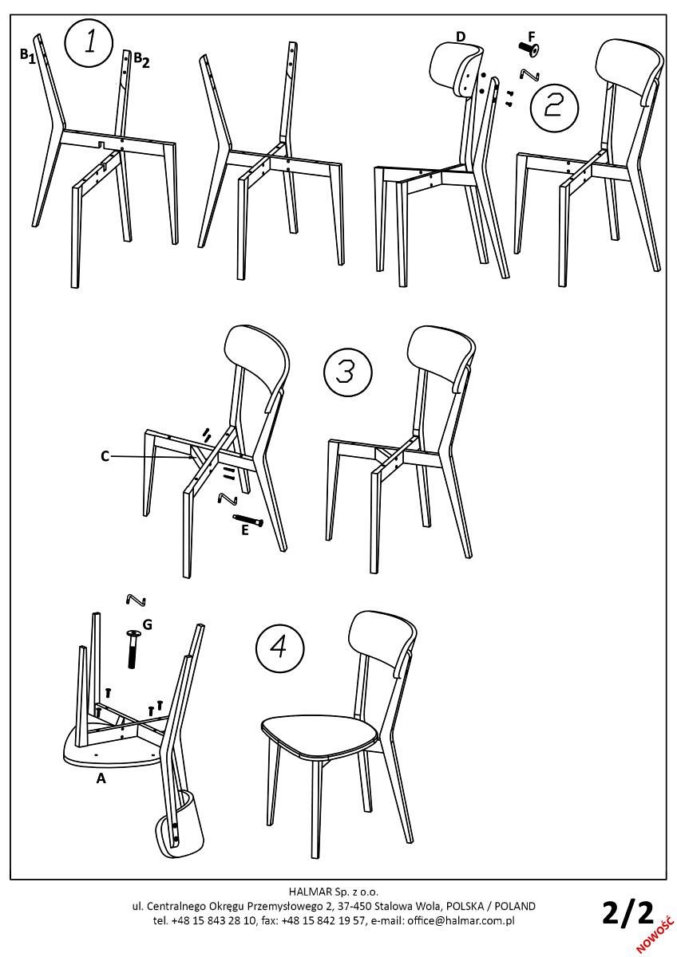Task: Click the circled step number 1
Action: click(89, 43)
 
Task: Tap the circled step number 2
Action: click(554, 108)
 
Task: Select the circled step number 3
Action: click(347, 372)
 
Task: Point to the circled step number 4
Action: click(279, 648)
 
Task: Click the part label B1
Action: click(28, 56)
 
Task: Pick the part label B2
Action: click(141, 60)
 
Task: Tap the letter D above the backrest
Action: click(460, 37)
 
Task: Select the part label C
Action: click(105, 457)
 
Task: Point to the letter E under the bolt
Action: click(245, 530)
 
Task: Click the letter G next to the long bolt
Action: click(147, 624)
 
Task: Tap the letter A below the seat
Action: click(101, 778)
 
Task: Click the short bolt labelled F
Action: click(529, 48)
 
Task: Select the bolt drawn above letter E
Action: click(248, 519)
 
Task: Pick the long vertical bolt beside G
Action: click(133, 648)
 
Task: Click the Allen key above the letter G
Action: click(137, 600)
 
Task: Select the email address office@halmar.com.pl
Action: click(461, 920)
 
